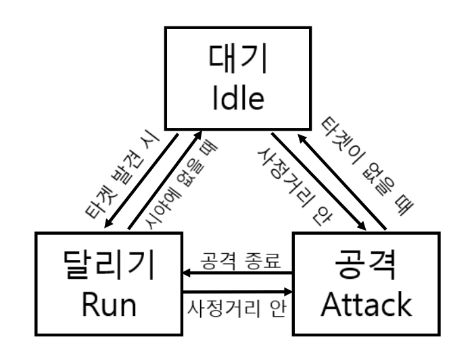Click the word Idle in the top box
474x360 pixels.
click(x=237, y=101)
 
